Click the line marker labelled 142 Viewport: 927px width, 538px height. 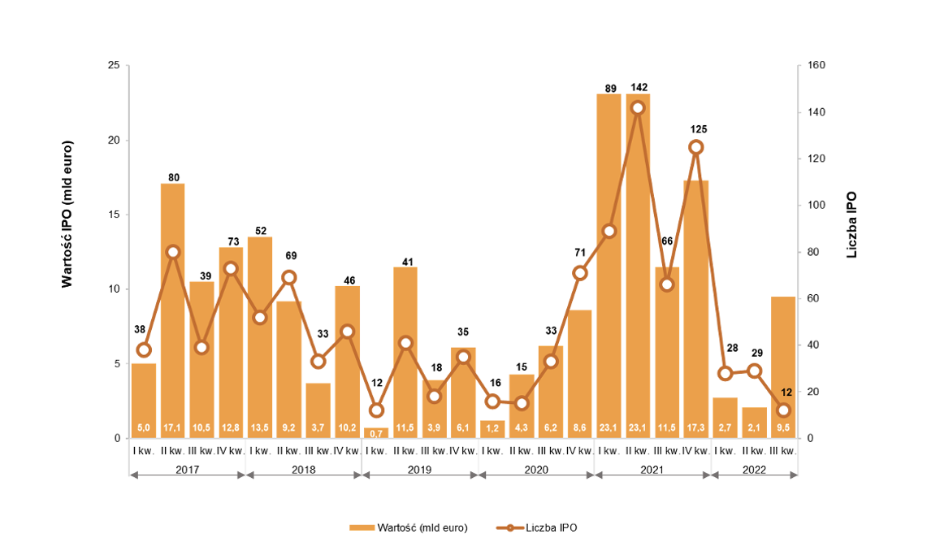pos(638,107)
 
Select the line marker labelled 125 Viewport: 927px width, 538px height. pos(695,147)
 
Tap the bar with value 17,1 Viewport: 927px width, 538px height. pos(173,309)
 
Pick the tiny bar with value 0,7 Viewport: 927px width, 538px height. pos(376,432)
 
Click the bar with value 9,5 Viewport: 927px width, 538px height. pos(783,366)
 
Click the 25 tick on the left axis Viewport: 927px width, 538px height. pos(114,66)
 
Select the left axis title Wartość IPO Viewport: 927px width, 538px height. pos(67,215)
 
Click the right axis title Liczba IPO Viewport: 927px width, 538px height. pos(852,225)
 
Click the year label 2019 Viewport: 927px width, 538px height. pos(419,470)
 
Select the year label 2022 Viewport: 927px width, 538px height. pos(754,470)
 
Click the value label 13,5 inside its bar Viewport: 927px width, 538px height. pos(260,427)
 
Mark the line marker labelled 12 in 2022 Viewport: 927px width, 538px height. pos(783,410)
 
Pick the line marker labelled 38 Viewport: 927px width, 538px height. pos(144,349)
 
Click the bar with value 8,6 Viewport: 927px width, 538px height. pos(579,374)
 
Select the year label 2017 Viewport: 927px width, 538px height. pos(188,470)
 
